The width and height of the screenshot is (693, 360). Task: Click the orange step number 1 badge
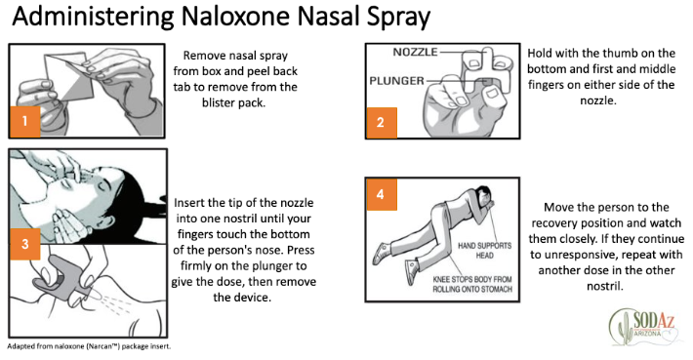(25, 121)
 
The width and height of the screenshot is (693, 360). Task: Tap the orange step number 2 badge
(381, 122)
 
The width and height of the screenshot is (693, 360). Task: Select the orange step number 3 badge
(25, 244)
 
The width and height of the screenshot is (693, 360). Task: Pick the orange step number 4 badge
(381, 194)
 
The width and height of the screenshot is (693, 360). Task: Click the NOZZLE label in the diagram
(415, 52)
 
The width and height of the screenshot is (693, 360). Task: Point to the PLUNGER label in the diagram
(396, 81)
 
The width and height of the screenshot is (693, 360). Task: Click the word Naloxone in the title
(236, 17)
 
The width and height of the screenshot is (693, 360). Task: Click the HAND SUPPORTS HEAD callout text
(484, 251)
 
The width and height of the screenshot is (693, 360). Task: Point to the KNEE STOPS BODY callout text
(472, 284)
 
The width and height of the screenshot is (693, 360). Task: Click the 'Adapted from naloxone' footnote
(89, 346)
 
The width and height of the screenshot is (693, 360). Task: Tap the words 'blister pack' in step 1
(234, 102)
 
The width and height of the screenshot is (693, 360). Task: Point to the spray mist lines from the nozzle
(111, 305)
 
